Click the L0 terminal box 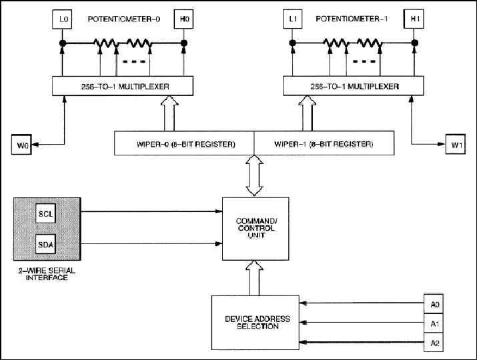point(62,19)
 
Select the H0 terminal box point(183,19)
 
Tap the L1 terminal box point(293,19)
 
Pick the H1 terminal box point(414,19)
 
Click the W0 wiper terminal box point(21,145)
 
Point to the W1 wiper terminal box point(456,144)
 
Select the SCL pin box point(45,214)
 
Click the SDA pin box point(45,244)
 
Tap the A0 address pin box point(434,304)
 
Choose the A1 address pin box point(434,323)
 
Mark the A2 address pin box point(434,343)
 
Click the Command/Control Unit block point(256,229)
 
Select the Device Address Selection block point(256,323)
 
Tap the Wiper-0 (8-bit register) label point(186,144)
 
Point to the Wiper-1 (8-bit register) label point(324,144)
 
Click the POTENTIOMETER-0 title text point(124,19)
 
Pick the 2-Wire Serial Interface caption point(47,274)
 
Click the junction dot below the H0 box point(183,43)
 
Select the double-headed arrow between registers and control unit point(254,176)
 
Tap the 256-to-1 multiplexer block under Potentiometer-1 point(354,86)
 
